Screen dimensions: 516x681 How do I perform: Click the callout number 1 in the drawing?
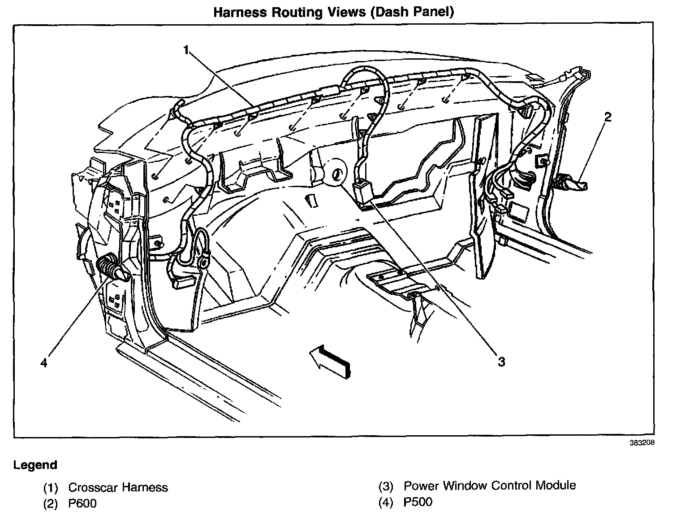[186, 50]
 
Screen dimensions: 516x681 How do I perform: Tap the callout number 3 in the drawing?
[501, 361]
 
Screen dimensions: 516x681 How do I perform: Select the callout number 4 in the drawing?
[43, 362]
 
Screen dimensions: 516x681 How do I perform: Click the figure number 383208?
[642, 442]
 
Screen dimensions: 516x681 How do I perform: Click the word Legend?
[35, 465]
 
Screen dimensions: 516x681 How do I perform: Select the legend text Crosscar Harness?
[118, 488]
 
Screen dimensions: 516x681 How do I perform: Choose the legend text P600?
[82, 503]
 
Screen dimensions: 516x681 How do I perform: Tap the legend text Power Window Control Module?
[489, 485]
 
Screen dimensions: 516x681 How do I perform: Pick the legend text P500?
[418, 502]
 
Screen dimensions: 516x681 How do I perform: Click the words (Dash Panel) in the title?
[412, 12]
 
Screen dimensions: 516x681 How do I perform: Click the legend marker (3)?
[385, 486]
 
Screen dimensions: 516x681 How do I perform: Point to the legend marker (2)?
[50, 504]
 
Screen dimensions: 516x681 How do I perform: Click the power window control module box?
[364, 192]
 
